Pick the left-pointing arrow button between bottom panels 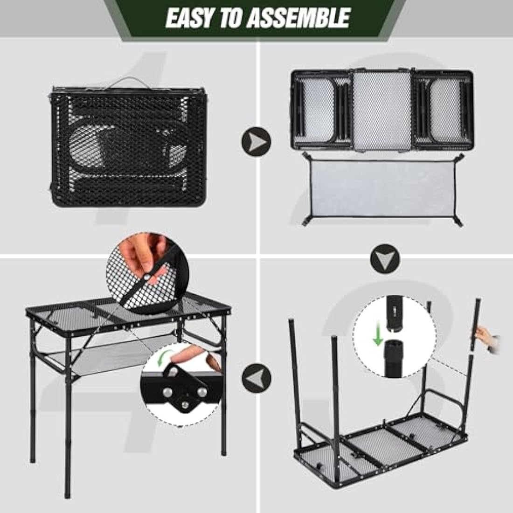[256, 377]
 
